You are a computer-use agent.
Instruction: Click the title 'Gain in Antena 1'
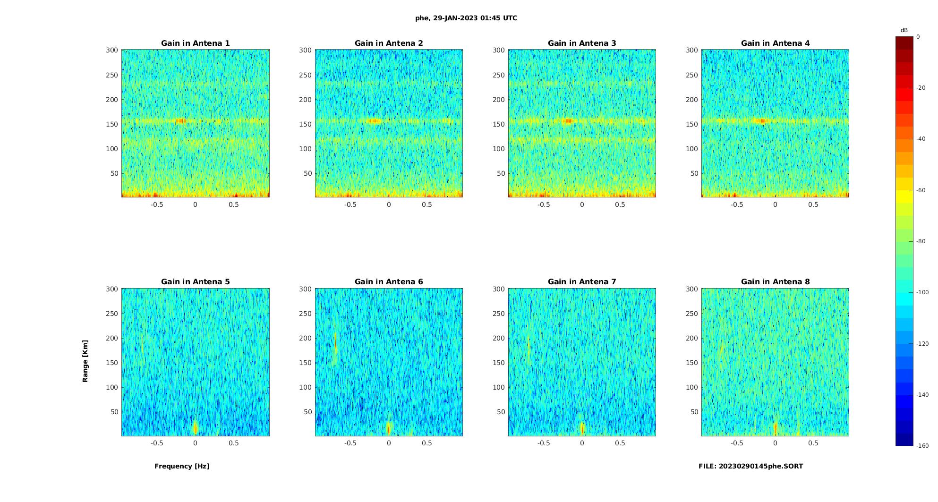click(x=195, y=43)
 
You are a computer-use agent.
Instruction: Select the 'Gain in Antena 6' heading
click(x=389, y=282)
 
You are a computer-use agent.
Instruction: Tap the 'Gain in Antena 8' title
click(x=775, y=282)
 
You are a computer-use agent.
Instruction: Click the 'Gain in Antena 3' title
click(x=582, y=43)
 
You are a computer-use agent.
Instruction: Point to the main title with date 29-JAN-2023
click(x=466, y=18)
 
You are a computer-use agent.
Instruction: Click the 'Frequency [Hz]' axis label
click(x=182, y=466)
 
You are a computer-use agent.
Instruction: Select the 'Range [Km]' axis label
click(x=85, y=361)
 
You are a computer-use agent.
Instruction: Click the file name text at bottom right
click(x=750, y=466)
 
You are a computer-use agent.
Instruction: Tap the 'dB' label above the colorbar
click(x=904, y=30)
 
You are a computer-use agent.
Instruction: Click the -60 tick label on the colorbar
click(x=921, y=190)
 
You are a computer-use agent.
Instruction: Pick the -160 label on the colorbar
click(x=922, y=446)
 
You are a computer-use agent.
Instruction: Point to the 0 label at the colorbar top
click(x=918, y=37)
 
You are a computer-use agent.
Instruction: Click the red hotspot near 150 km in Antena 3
click(x=569, y=121)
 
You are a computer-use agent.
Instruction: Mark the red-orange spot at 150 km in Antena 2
click(x=375, y=121)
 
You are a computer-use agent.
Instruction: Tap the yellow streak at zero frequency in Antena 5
click(x=196, y=427)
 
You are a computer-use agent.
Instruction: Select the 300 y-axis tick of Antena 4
click(x=692, y=50)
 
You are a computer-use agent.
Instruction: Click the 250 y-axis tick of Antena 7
click(x=499, y=314)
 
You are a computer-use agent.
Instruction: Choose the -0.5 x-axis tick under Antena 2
click(x=350, y=204)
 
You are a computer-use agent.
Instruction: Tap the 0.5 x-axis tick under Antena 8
click(x=813, y=443)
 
